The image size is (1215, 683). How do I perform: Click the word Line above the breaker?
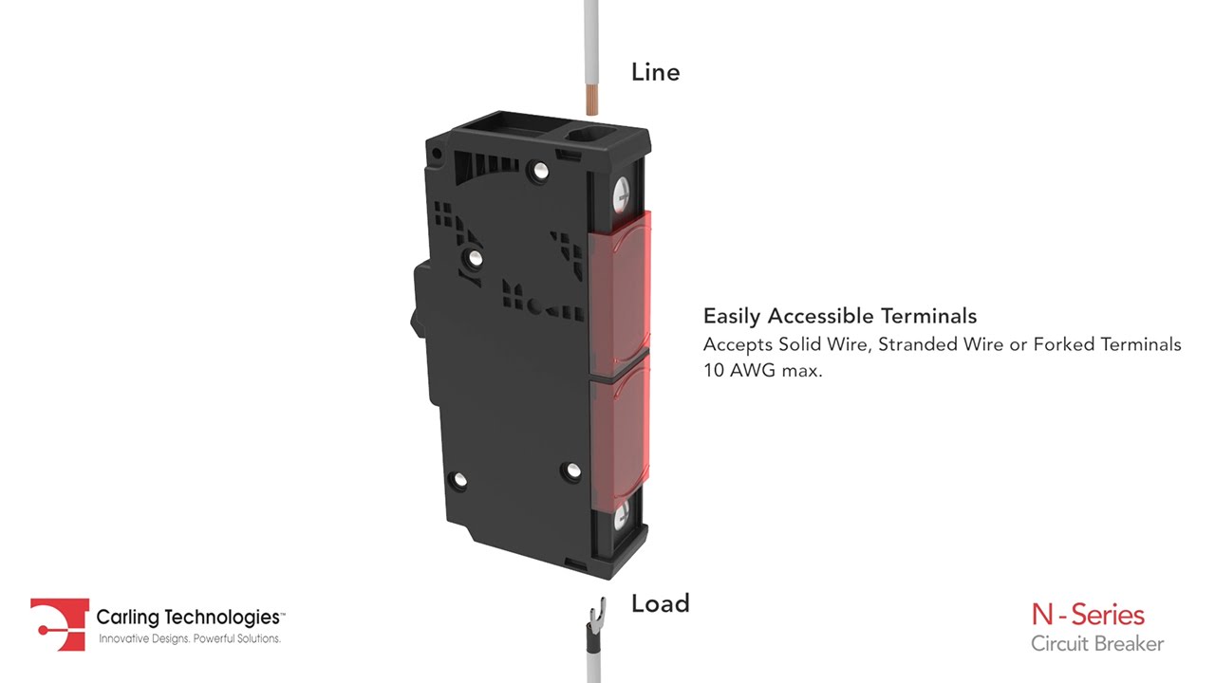pyautogui.click(x=655, y=72)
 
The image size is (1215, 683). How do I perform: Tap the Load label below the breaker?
pyautogui.click(x=660, y=603)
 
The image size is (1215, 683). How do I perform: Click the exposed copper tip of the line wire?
pyautogui.click(x=591, y=99)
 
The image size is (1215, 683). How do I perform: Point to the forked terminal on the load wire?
pyautogui.click(x=595, y=612)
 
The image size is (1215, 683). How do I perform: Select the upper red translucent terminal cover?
pyautogui.click(x=620, y=291)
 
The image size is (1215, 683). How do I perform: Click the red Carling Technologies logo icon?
pyautogui.click(x=60, y=624)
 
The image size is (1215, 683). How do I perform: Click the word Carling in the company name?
pyautogui.click(x=128, y=617)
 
